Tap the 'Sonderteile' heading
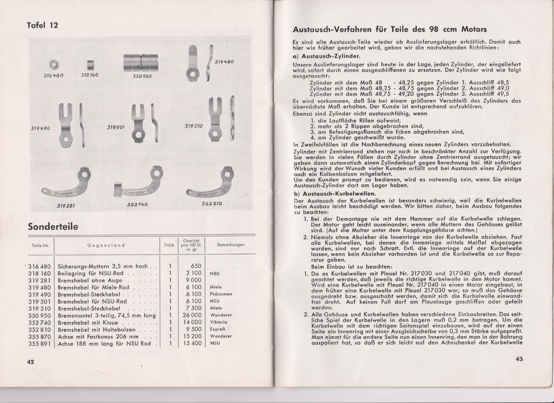53,226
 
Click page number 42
30,362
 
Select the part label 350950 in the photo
142,76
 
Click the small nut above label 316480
54,65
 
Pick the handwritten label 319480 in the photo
224,62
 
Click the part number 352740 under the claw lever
137,205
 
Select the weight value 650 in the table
196,266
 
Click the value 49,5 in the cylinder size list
503,94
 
